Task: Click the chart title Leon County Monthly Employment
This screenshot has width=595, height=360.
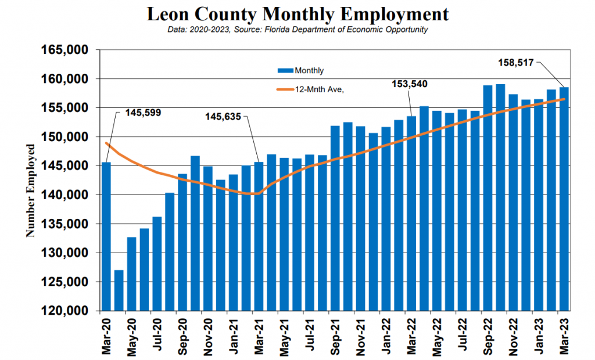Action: (x=297, y=14)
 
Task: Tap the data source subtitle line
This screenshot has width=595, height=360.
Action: (x=297, y=30)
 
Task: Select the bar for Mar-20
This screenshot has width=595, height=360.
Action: (x=106, y=236)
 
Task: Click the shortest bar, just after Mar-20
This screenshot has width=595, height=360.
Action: (x=119, y=290)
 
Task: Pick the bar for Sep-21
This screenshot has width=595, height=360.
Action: (x=335, y=218)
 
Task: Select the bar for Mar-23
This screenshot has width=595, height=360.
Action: (x=564, y=199)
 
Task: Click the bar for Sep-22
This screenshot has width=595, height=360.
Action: (x=488, y=198)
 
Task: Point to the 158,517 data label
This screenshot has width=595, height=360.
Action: (x=516, y=63)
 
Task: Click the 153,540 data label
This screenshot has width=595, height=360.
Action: (x=410, y=84)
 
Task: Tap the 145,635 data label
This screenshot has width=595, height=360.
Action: (x=223, y=117)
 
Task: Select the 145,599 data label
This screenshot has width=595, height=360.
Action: (x=143, y=113)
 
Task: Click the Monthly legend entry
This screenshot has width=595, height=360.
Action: (x=300, y=71)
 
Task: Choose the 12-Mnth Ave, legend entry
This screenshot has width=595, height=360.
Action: (x=310, y=90)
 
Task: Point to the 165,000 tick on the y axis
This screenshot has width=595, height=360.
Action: (x=64, y=50)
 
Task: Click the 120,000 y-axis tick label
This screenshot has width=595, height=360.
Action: (x=64, y=311)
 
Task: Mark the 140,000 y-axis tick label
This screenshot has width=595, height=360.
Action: (x=64, y=195)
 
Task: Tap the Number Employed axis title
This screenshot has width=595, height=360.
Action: (x=30, y=190)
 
